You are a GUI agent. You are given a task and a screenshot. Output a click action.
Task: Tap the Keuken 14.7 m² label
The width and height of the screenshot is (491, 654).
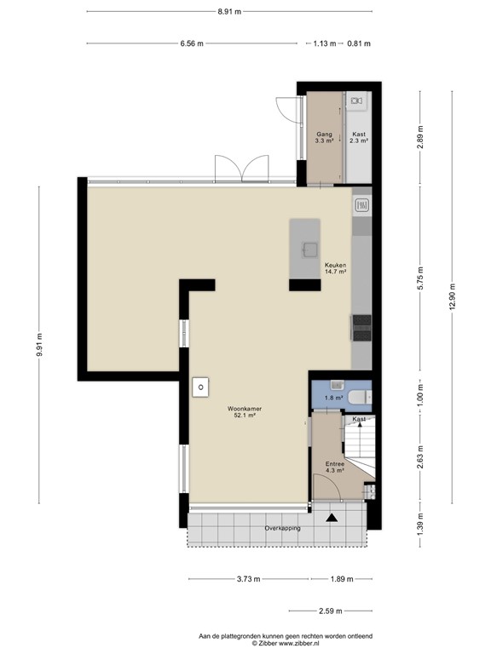coord(335,267)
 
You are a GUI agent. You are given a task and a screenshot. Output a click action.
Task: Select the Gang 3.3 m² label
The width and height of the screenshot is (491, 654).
coord(324,138)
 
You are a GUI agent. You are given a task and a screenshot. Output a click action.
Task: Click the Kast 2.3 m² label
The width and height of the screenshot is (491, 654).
coord(359,138)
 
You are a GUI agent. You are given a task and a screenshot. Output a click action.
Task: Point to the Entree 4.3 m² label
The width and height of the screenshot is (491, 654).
coord(334,467)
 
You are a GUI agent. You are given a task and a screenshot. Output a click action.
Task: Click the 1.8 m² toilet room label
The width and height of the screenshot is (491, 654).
coord(332,397)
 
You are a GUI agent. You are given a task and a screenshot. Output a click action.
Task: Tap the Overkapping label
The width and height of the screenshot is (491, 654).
coord(282,528)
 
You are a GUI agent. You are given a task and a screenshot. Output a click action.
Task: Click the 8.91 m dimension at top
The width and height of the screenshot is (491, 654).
coord(228,12)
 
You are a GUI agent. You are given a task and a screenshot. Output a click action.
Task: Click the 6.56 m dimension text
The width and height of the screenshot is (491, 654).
coord(192,43)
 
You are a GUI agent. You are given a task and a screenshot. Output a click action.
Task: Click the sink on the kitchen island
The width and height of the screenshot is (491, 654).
coord(308,249)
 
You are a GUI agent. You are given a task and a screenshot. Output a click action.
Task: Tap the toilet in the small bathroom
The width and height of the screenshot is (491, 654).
coord(361,396)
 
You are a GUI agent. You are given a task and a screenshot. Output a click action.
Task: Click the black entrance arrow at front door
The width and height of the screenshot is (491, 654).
coord(331,516)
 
